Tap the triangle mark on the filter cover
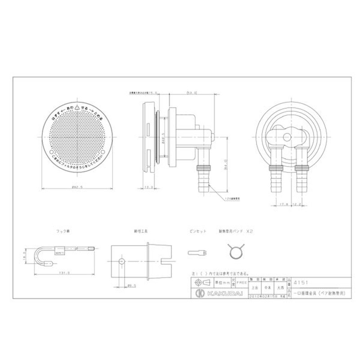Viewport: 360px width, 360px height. [77, 108]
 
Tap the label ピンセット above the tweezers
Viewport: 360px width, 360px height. [198, 231]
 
